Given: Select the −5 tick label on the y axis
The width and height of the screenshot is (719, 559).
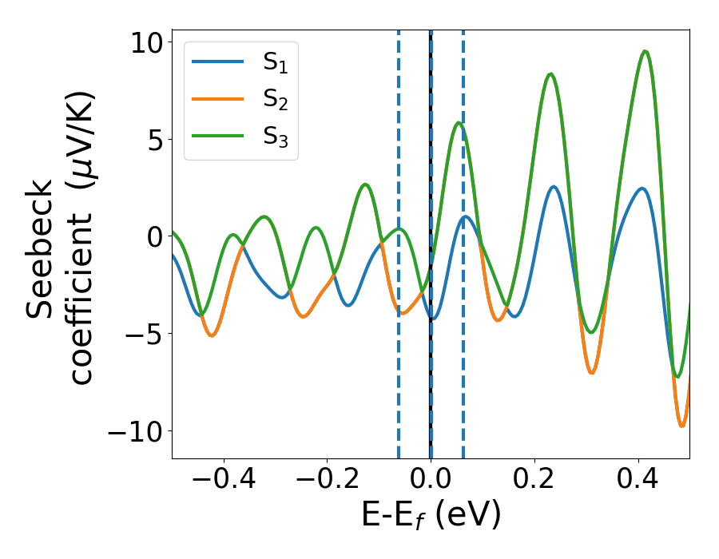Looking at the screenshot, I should pos(143,334).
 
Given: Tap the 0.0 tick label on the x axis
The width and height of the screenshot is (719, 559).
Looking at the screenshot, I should pos(431,481).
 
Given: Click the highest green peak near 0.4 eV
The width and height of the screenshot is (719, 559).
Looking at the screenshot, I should pos(645,52).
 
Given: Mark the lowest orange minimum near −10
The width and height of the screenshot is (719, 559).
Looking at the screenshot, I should pos(681,426).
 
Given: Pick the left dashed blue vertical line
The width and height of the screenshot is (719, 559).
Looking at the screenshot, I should pos(399,319).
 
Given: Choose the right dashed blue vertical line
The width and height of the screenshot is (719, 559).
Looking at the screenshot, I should pos(463,319).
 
